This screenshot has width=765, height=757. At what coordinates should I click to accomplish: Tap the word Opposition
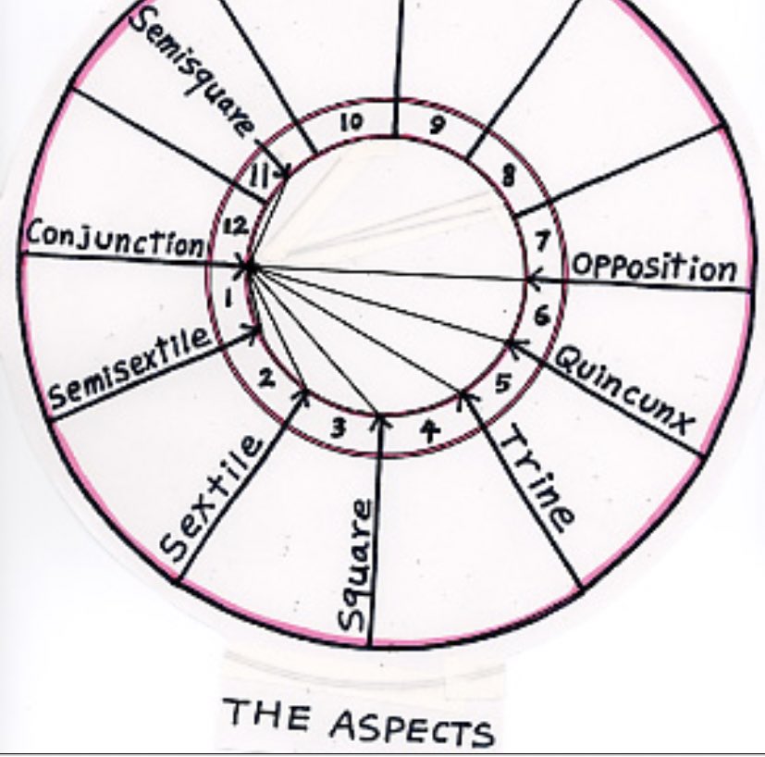[x=654, y=267]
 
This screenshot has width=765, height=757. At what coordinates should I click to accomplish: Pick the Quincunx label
[x=624, y=387]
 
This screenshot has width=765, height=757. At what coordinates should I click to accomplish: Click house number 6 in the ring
[x=541, y=315]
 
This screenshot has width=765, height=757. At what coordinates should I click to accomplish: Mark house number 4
[x=427, y=428]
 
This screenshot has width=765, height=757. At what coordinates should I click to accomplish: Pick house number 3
[x=338, y=428]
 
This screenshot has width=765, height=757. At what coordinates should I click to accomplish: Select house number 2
[x=265, y=378]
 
